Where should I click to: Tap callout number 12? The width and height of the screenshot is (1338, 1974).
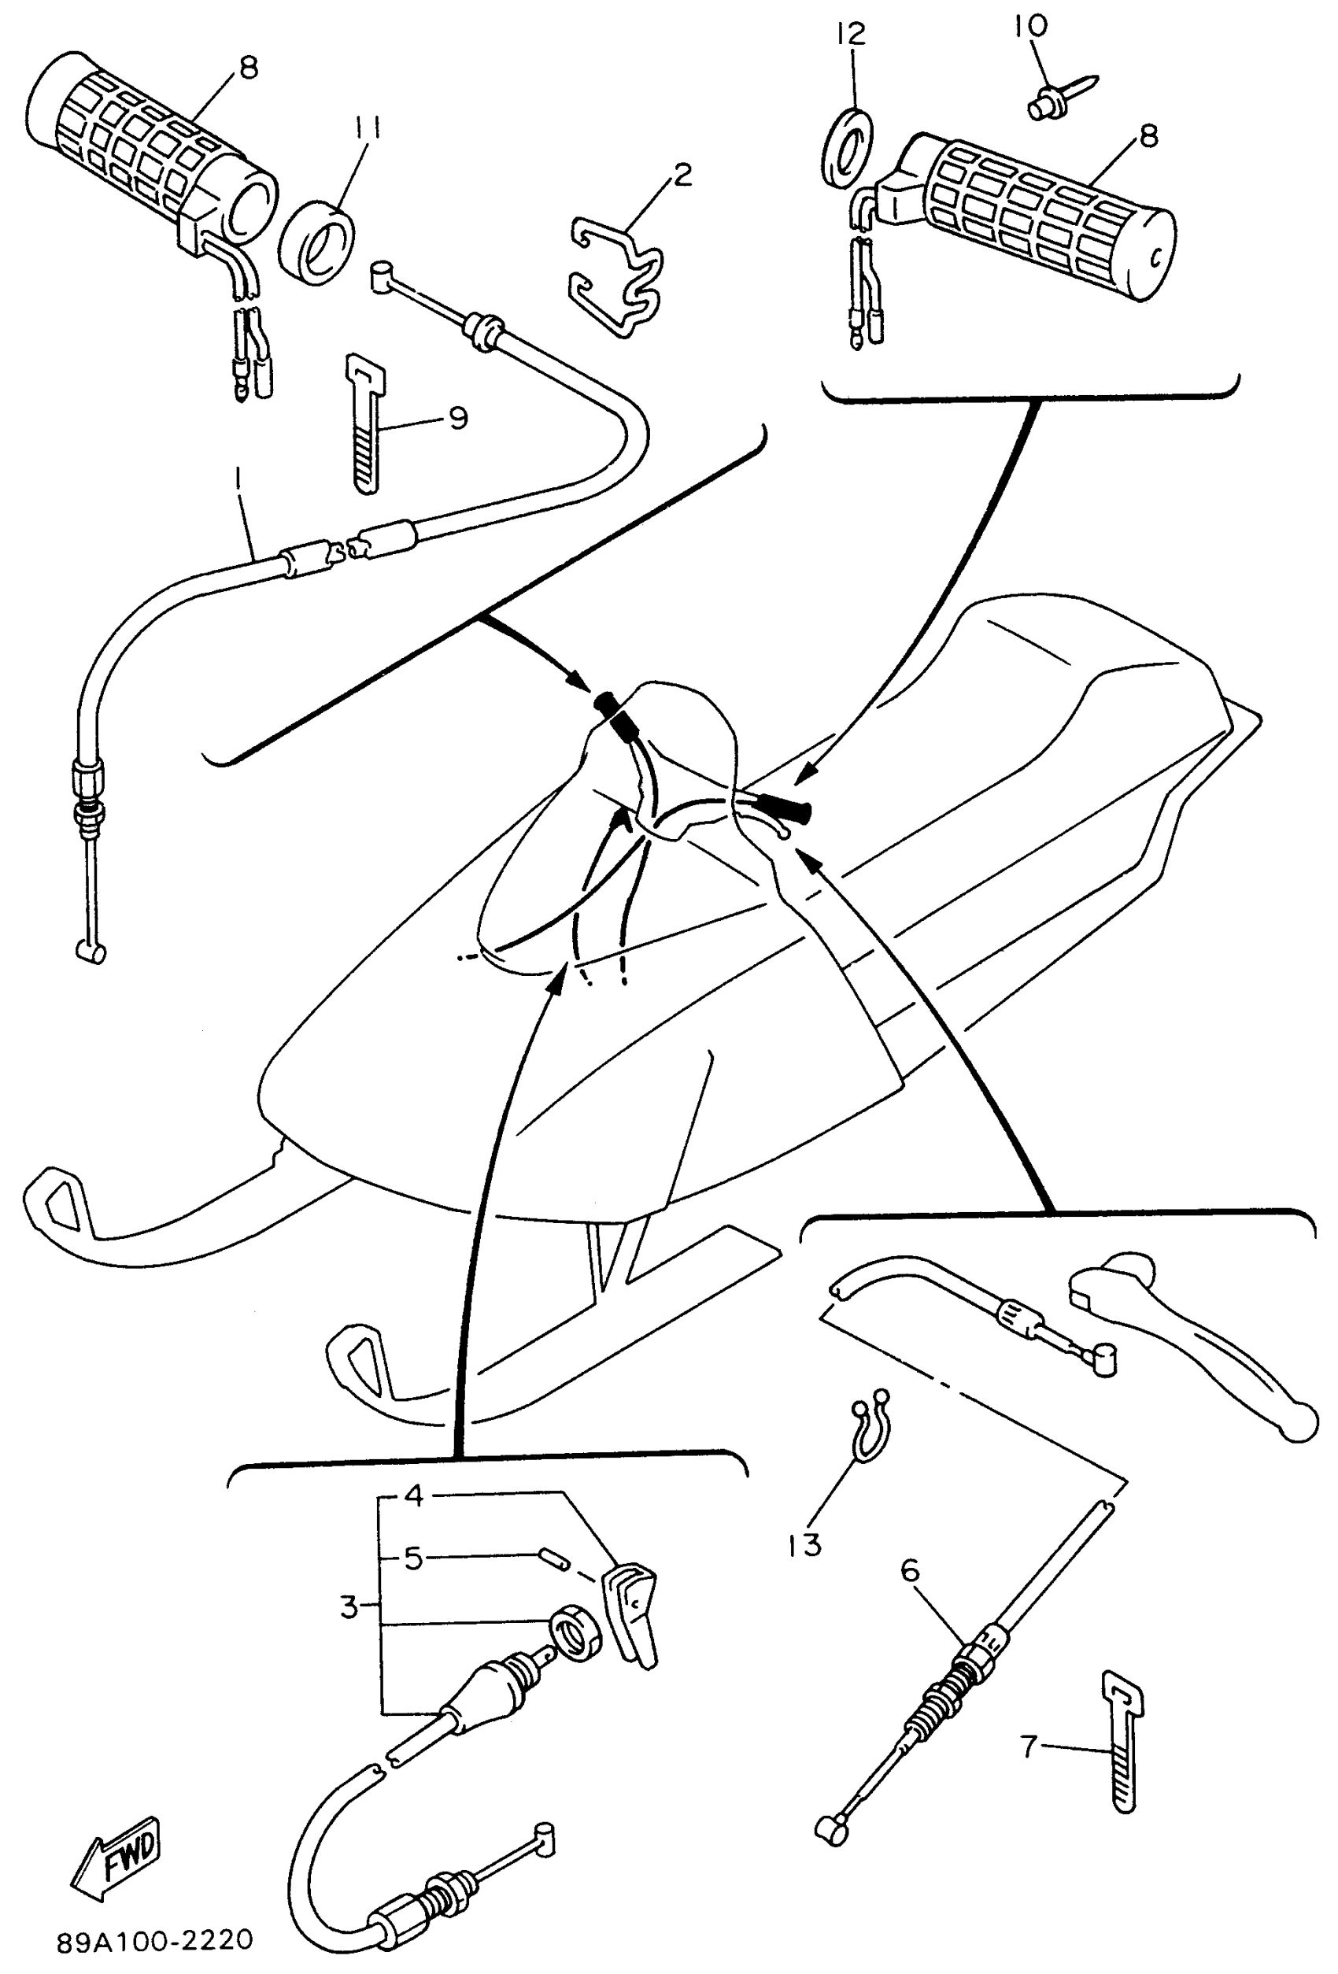(849, 33)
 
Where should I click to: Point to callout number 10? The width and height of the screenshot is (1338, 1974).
(1029, 25)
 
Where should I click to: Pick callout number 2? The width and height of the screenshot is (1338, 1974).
(682, 175)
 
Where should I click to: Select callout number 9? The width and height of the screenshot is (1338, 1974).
(458, 417)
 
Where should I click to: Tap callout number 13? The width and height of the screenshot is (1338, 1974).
(804, 1545)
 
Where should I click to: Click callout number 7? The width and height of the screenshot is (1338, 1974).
(1029, 1747)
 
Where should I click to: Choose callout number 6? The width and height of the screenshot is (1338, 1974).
(910, 1570)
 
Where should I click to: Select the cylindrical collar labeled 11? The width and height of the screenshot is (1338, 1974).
(317, 244)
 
